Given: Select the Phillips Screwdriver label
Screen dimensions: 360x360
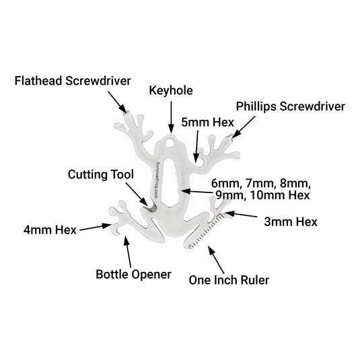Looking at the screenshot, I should click(290, 106).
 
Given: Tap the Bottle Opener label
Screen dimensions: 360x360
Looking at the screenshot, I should click(133, 274).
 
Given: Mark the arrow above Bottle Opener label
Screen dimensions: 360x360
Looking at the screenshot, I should click(127, 252).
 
